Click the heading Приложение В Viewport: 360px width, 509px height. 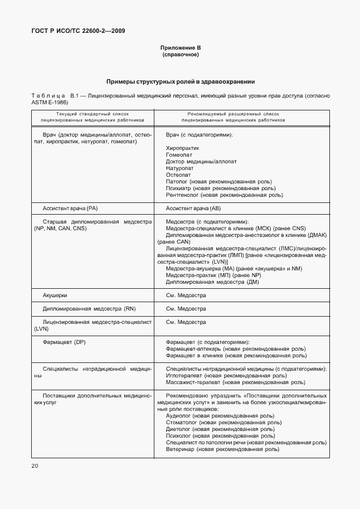click(x=180, y=49)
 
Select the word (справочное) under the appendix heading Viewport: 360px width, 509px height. click(x=180, y=55)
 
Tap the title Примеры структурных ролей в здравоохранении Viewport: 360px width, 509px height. click(x=180, y=81)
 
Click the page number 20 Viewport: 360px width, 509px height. click(x=35, y=466)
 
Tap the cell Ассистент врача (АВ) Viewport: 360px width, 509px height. click(x=193, y=208)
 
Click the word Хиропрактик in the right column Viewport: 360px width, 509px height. click(x=183, y=148)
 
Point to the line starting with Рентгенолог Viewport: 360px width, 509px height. click(x=224, y=195)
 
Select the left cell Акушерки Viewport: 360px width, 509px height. click(x=55, y=294)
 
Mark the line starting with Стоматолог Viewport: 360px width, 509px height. click(x=220, y=423)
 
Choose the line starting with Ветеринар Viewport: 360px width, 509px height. click(x=222, y=449)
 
